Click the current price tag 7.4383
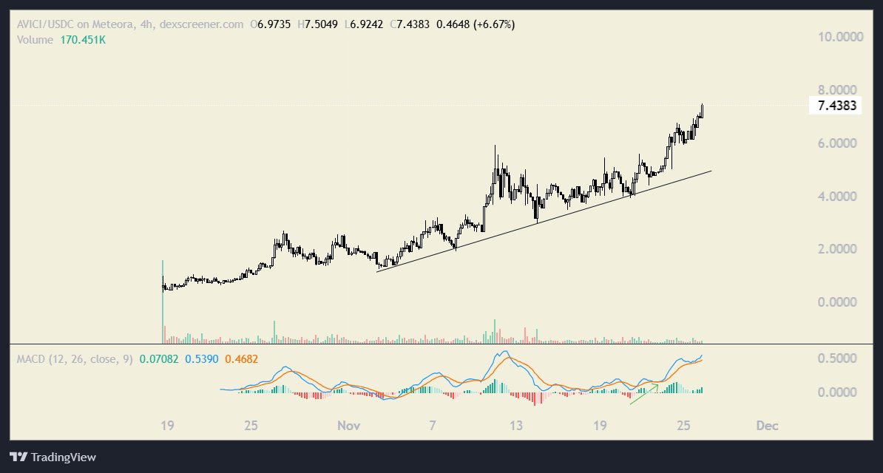coord(836,106)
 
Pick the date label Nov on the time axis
coord(348,426)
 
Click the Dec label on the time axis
coord(767,426)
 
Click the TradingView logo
coord(53,457)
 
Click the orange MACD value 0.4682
coord(241,359)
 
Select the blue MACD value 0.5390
coord(200,359)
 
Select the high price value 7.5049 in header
coord(322,24)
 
